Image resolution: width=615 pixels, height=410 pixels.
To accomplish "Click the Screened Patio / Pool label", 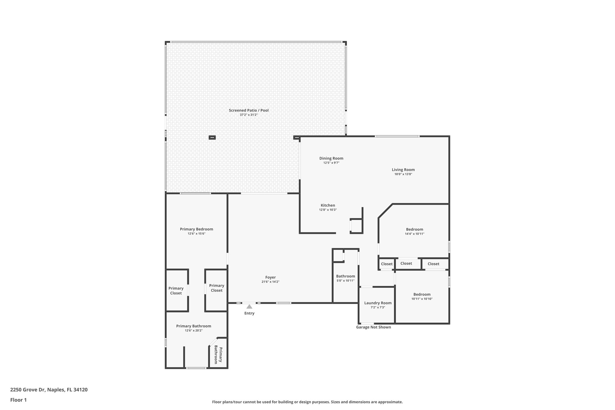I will tap(249, 110).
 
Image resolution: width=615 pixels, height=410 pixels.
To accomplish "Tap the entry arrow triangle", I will tap(249, 307).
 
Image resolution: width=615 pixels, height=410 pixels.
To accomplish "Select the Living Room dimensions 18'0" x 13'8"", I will tap(403, 174).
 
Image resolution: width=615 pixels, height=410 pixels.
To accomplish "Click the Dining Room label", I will tap(331, 158).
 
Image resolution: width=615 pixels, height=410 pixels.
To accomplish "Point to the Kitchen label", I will tap(328, 205).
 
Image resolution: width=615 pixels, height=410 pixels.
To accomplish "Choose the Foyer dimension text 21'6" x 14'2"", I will tap(270, 282).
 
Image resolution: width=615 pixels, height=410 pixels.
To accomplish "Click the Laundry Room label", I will tap(378, 303).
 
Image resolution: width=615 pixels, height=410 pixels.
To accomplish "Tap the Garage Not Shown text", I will tap(373, 327).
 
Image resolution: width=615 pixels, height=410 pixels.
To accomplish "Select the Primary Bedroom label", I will tap(196, 229).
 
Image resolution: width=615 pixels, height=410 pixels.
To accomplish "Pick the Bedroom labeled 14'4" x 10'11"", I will tap(414, 229).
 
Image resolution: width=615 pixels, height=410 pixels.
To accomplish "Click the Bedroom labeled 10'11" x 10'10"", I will tap(422, 294).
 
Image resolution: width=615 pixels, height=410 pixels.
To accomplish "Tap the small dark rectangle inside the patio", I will tap(212, 138).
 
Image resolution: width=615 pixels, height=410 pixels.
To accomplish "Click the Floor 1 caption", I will tap(18, 400).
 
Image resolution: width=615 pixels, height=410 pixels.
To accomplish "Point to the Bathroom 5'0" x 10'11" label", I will tap(345, 276).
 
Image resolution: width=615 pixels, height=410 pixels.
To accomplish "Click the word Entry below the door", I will tap(249, 313).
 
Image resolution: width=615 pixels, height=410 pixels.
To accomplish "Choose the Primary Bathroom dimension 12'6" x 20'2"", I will tap(194, 331).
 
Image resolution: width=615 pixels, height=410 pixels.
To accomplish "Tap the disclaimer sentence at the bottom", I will tap(307, 402).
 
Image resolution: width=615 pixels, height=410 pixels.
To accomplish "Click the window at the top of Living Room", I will tap(397, 136).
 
